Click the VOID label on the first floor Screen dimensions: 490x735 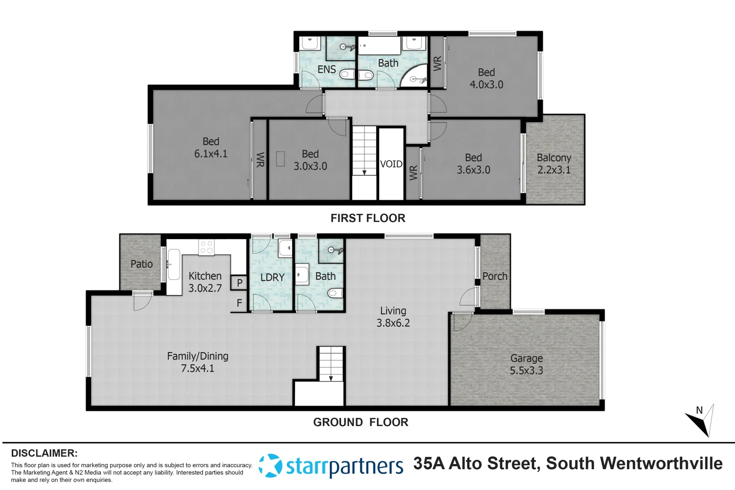[391, 164]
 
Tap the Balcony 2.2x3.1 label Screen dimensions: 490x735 [554, 164]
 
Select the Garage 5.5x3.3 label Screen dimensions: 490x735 [526, 364]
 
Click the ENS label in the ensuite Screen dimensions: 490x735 [327, 69]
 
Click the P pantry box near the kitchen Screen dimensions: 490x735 [239, 283]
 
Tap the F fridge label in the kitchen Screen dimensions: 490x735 [239, 303]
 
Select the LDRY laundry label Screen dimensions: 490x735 [272, 277]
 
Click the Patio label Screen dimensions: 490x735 [142, 264]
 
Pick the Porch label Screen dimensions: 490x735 [495, 276]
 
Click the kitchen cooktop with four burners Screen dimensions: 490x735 [206, 247]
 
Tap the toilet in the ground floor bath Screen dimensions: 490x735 [335, 293]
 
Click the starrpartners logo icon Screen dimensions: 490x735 [270, 465]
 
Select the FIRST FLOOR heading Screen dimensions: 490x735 [367, 218]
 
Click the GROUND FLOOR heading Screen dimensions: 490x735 [361, 422]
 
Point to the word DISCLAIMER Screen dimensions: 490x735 [44, 453]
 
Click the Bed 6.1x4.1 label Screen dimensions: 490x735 [211, 147]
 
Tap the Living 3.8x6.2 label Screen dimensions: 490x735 [393, 317]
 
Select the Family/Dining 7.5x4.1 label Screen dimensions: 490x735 [197, 362]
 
